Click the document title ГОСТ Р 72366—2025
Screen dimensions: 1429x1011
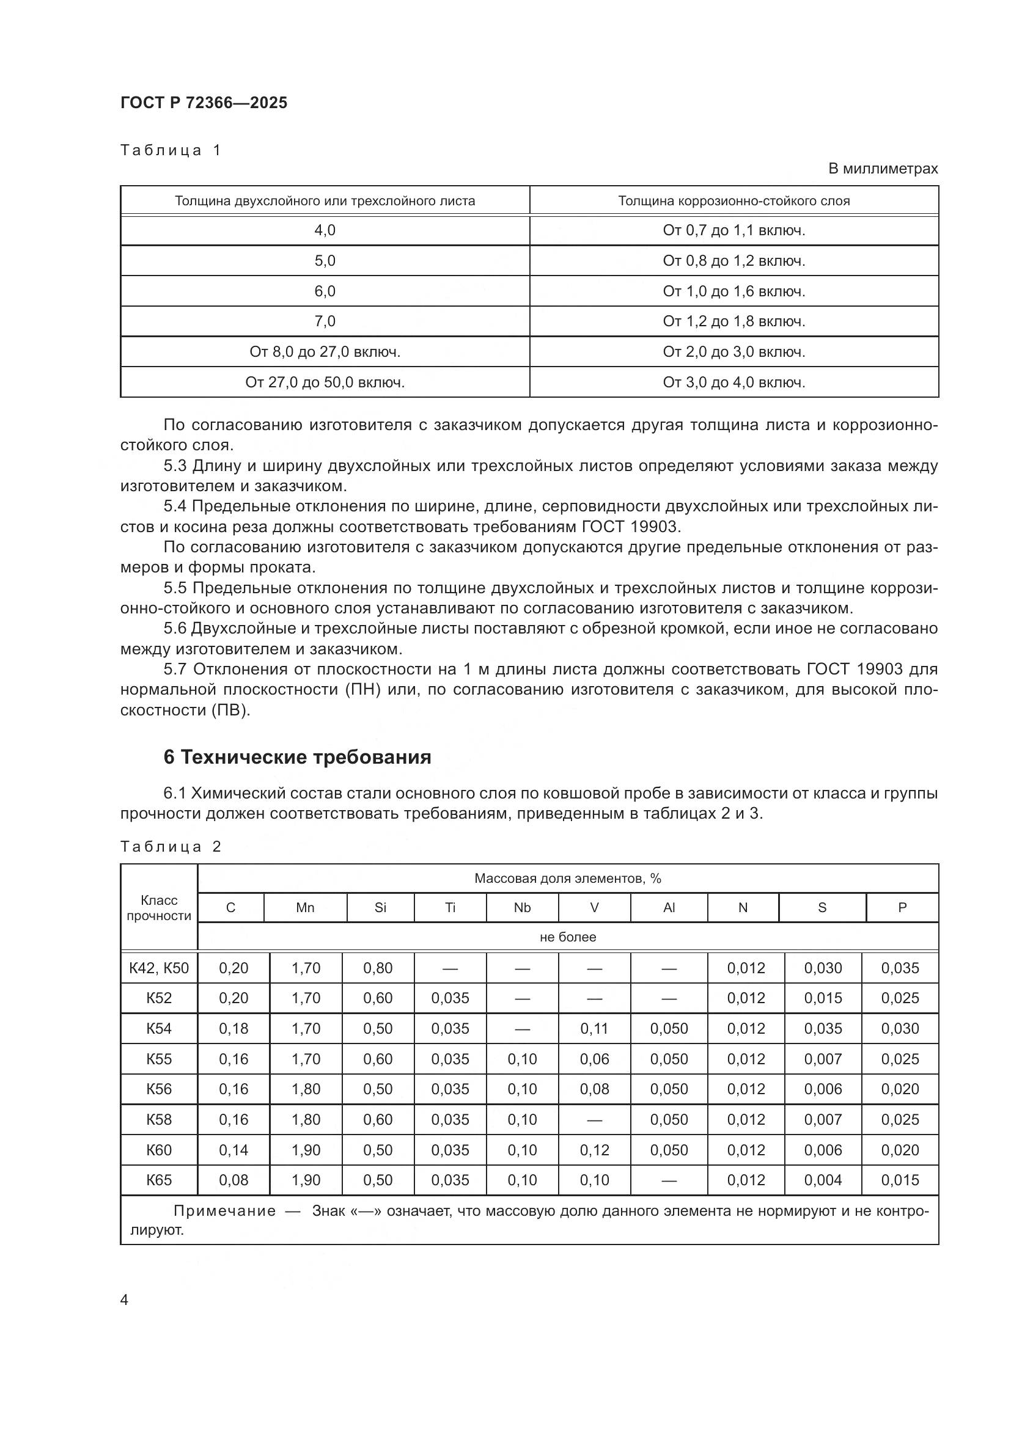pos(204,103)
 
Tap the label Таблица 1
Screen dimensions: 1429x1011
pos(171,150)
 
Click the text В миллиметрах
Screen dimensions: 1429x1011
pos(882,169)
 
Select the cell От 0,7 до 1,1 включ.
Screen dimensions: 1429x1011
pos(733,231)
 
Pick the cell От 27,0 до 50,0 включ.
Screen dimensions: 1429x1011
pos(325,382)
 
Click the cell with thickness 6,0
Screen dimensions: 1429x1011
pos(325,291)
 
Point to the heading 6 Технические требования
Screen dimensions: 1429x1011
pos(297,757)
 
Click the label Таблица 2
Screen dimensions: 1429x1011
pos(171,846)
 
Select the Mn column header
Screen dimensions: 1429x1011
pos(305,907)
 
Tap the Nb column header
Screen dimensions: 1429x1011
pos(521,907)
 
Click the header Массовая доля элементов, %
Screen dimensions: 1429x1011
pos(567,878)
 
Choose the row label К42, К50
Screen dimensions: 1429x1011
pos(159,968)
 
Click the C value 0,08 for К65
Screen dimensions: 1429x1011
pos(233,1180)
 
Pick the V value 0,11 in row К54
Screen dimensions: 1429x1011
pos(594,1029)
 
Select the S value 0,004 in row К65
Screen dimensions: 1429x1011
pos(822,1180)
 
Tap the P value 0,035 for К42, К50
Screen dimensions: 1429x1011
pos(900,968)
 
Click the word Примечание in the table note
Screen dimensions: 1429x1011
pos(224,1210)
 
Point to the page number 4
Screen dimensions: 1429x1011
pos(124,1299)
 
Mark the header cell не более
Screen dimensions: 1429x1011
pos(567,937)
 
